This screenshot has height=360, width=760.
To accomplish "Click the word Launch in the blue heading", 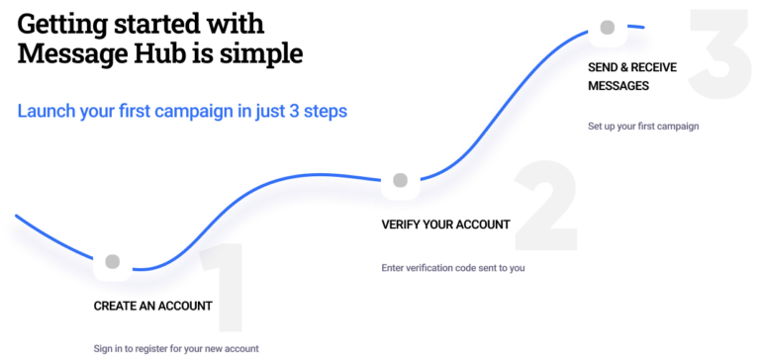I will click(x=44, y=112).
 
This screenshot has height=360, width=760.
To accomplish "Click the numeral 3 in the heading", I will click(x=295, y=112).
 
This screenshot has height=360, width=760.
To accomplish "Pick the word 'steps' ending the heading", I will click(x=326, y=112).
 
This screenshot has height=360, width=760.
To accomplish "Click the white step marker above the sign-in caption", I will click(x=113, y=261).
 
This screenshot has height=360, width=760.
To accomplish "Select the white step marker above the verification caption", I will click(x=400, y=180).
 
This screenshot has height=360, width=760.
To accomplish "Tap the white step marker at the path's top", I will click(x=608, y=27).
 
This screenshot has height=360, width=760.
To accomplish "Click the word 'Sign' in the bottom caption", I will click(x=102, y=349).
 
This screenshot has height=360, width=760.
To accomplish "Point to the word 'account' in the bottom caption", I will click(x=243, y=349).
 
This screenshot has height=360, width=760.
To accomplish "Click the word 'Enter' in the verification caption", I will click(x=393, y=268).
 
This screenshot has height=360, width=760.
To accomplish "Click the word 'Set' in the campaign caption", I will click(x=594, y=127).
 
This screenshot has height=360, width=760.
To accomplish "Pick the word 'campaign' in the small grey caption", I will click(x=678, y=127).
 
